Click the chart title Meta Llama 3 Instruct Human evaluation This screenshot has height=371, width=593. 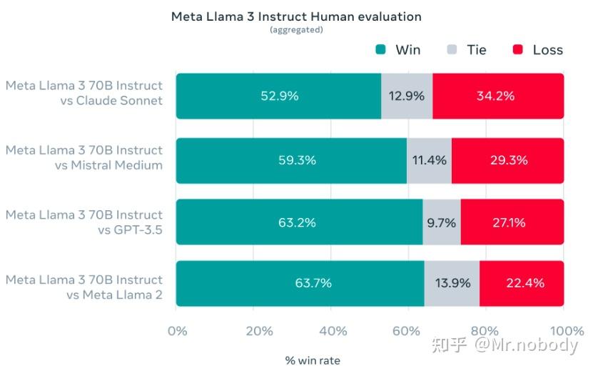point(295,16)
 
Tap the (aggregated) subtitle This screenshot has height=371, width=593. point(295,29)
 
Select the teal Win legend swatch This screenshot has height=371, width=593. point(380,49)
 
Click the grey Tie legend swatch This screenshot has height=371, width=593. point(451,49)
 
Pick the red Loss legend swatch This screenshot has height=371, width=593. point(518,49)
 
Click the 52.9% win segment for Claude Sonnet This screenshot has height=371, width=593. point(278,96)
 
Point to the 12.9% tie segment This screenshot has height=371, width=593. point(406,96)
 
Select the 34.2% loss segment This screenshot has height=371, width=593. point(497,96)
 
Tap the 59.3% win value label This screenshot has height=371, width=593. point(297,160)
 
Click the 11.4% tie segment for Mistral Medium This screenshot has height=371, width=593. point(429,160)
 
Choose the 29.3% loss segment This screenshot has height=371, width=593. point(507,160)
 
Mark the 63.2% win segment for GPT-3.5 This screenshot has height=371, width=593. point(298,222)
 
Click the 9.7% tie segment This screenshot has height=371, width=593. point(441,222)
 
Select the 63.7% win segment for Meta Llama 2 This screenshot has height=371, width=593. point(300,283)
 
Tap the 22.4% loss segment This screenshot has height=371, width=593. point(521,283)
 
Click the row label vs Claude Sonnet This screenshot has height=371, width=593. point(111,101)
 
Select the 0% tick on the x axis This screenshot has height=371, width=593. point(176,330)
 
